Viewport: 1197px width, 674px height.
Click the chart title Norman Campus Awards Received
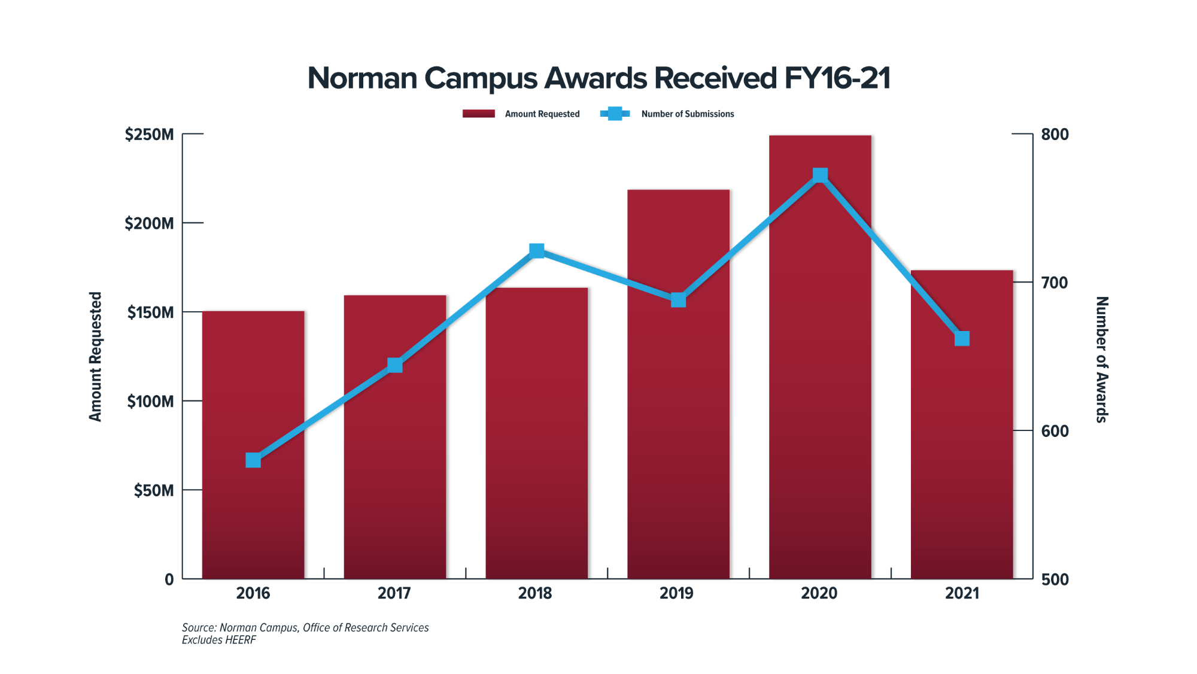598,78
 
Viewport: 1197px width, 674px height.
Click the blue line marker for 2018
537,250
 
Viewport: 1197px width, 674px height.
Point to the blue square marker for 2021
962,339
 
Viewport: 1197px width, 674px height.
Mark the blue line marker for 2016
253,460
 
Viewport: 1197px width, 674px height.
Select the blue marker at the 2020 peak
820,175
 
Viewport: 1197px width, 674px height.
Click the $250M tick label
150,135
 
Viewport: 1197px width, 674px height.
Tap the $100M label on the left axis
150,402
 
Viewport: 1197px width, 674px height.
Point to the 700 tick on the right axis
1055,283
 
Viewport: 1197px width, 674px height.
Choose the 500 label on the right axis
1055,579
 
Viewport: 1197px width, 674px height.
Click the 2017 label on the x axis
394,593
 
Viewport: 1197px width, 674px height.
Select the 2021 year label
962,593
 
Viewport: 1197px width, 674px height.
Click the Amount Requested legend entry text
542,114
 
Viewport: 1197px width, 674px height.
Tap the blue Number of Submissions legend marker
615,114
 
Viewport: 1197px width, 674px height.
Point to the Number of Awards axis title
1102,359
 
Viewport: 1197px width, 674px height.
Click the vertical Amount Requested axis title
96,357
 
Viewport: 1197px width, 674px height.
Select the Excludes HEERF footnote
219,640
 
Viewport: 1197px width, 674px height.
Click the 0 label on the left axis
169,579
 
